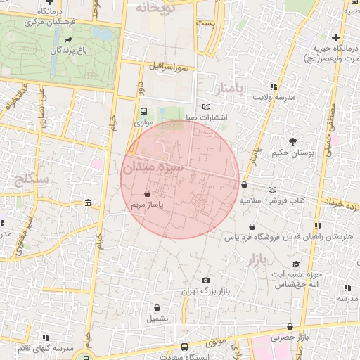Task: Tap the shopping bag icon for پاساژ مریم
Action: pyautogui.click(x=147, y=193)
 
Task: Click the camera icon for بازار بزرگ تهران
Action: pyautogui.click(x=205, y=280)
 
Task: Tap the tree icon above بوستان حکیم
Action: pyautogui.click(x=293, y=141)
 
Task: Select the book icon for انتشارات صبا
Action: pyautogui.click(x=206, y=107)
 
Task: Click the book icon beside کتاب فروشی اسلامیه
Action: pyautogui.click(x=272, y=190)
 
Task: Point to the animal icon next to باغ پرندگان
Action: pyautogui.click(x=68, y=51)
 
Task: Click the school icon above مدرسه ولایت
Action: pyautogui.click(x=274, y=86)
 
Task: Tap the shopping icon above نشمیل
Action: pyautogui.click(x=157, y=307)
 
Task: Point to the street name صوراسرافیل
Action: pyautogui.click(x=169, y=67)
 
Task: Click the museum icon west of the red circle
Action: pyautogui.click(x=88, y=203)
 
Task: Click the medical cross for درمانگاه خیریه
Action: pyautogui.click(x=336, y=37)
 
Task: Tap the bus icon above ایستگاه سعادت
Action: pyautogui.click(x=184, y=347)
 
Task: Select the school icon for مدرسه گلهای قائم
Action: pyautogui.click(x=50, y=337)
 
